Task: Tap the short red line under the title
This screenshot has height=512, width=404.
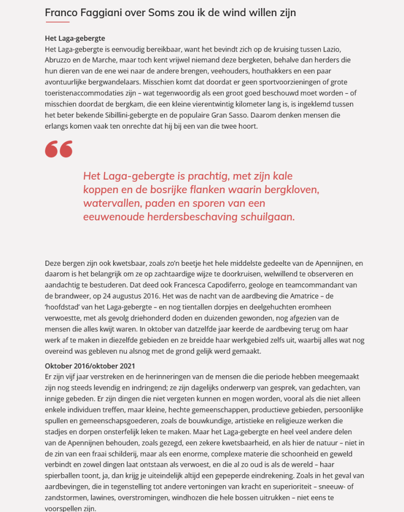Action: pyautogui.click(x=58, y=22)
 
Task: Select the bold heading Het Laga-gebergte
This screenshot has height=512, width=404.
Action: pyautogui.click(x=75, y=38)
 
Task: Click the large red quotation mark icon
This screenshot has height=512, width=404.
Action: pyautogui.click(x=59, y=149)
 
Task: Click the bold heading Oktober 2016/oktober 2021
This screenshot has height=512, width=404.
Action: pyautogui.click(x=90, y=365)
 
